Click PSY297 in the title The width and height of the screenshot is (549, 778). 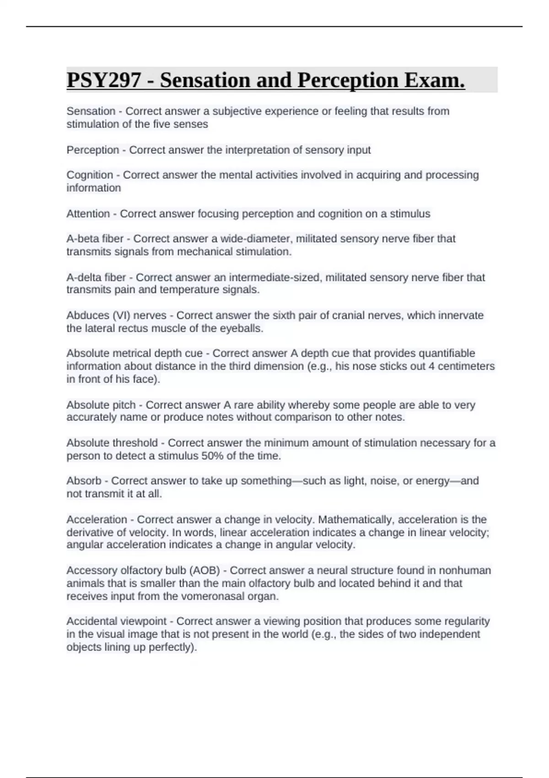point(104,81)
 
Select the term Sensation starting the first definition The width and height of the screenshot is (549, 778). point(91,111)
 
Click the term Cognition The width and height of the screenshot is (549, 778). point(90,175)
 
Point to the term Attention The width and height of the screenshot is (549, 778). point(88,214)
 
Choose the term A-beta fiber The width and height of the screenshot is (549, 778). point(95,238)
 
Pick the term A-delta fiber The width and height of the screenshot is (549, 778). point(96,277)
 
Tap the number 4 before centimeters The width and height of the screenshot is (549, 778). point(431,366)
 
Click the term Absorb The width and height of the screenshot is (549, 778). point(84,481)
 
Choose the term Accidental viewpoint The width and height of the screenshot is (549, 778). point(116,621)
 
